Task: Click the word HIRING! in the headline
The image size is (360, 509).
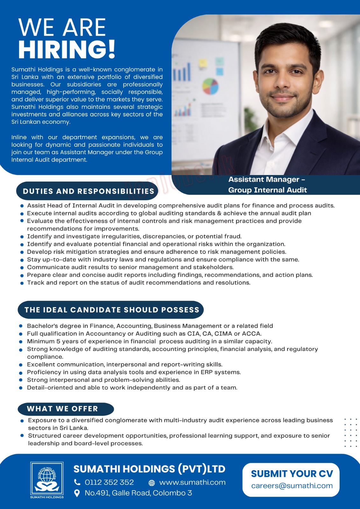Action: [67, 49]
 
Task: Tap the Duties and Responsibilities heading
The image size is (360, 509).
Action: [88, 191]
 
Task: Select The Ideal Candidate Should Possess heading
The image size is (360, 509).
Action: [112, 310]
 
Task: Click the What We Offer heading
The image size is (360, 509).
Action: [62, 409]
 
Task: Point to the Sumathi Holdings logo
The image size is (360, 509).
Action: [47, 480]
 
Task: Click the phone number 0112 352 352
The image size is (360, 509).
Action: [109, 482]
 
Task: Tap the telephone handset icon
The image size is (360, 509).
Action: [77, 482]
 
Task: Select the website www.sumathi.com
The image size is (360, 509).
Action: [192, 482]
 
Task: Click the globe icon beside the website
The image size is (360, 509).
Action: [152, 483]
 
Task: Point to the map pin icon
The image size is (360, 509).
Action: [77, 493]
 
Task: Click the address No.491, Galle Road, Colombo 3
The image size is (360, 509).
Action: [138, 493]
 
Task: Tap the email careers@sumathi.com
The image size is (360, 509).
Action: [292, 486]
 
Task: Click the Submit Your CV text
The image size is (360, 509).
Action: [292, 474]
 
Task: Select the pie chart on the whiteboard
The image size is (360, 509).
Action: [210, 86]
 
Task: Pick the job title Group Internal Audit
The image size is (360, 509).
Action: [267, 190]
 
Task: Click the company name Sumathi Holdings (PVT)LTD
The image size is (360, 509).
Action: [149, 469]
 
